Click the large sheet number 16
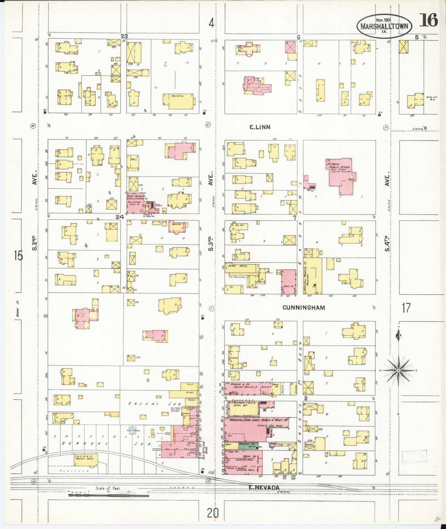(x=428, y=21)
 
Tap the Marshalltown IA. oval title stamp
(x=384, y=27)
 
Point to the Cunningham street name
(x=303, y=307)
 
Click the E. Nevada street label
(x=264, y=487)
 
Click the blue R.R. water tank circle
(x=132, y=431)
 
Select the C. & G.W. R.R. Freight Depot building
(x=82, y=460)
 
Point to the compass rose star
(x=398, y=370)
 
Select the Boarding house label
(x=177, y=96)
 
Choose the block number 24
(x=120, y=217)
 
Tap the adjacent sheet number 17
(x=406, y=308)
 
